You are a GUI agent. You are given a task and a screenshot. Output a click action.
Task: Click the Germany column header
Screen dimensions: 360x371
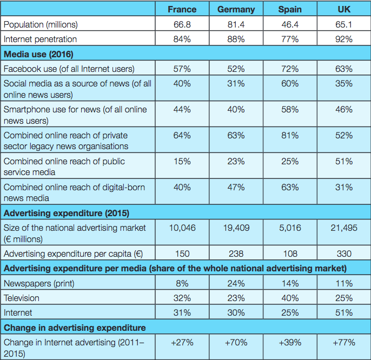[236, 10]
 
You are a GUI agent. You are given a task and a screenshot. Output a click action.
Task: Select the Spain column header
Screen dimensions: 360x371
[290, 10]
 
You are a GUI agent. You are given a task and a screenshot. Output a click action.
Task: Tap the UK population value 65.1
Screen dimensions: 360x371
[344, 24]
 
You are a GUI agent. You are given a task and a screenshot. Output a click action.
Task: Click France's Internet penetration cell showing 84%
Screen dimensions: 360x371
[182, 39]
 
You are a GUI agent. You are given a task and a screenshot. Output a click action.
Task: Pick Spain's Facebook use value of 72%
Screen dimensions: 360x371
[290, 69]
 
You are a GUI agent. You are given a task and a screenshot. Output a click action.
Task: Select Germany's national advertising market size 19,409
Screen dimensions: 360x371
[236, 228]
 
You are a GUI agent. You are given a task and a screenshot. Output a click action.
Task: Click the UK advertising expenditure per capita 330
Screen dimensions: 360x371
[344, 253]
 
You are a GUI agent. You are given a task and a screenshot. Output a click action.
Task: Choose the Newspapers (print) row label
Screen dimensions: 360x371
[39, 283]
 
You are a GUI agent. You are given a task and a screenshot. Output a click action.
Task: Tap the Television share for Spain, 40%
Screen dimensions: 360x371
[290, 298]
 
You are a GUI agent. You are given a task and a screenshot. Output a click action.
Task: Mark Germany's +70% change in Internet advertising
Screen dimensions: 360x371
[236, 342]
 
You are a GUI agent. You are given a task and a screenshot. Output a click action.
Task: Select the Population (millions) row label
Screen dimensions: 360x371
[41, 24]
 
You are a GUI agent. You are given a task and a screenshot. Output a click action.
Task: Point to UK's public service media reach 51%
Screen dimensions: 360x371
[344, 161]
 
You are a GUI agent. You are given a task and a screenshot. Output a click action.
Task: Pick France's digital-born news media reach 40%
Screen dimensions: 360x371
[182, 187]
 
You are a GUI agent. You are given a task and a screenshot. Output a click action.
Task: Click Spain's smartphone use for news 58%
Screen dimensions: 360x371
[290, 109]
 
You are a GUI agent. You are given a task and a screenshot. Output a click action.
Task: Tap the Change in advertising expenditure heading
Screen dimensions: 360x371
[74, 327]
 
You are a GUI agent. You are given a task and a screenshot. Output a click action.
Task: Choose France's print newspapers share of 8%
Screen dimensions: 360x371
[182, 283]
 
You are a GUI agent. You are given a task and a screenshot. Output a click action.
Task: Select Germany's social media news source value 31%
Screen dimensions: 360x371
[236, 83]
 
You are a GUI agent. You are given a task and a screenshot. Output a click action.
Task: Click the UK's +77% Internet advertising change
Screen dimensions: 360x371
[344, 342]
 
